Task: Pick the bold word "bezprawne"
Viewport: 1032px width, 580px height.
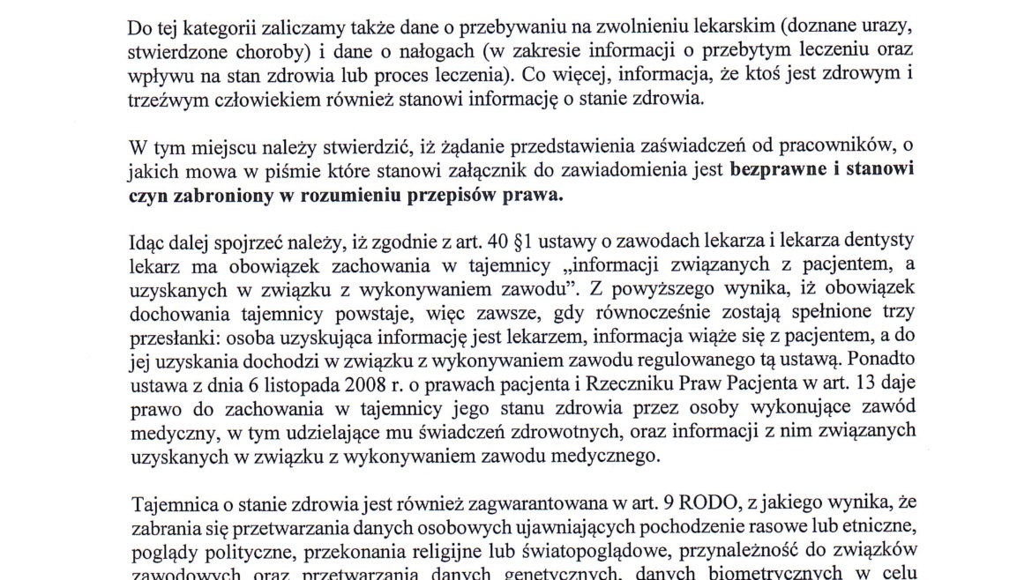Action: point(783,171)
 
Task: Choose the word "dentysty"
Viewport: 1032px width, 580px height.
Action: point(866,242)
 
